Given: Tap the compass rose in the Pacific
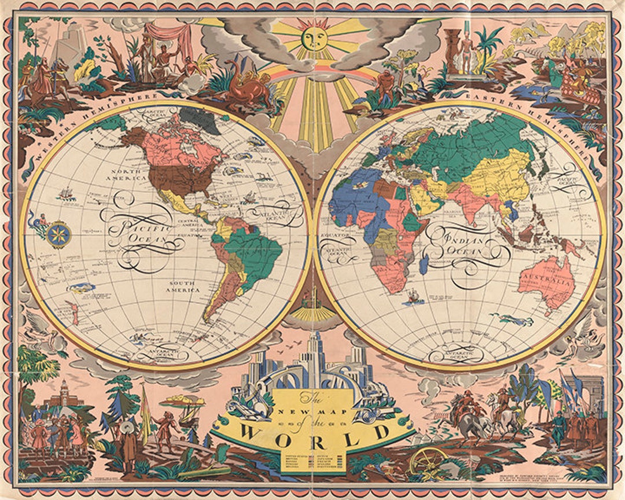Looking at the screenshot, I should pyautogui.click(x=59, y=234).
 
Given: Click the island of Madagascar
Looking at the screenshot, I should pyautogui.click(x=425, y=265).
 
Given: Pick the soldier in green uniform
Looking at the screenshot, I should pyautogui.click(x=559, y=428).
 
